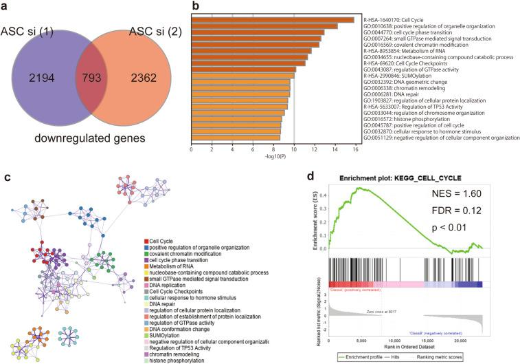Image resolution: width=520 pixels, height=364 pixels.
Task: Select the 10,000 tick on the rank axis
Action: coord(394,340)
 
